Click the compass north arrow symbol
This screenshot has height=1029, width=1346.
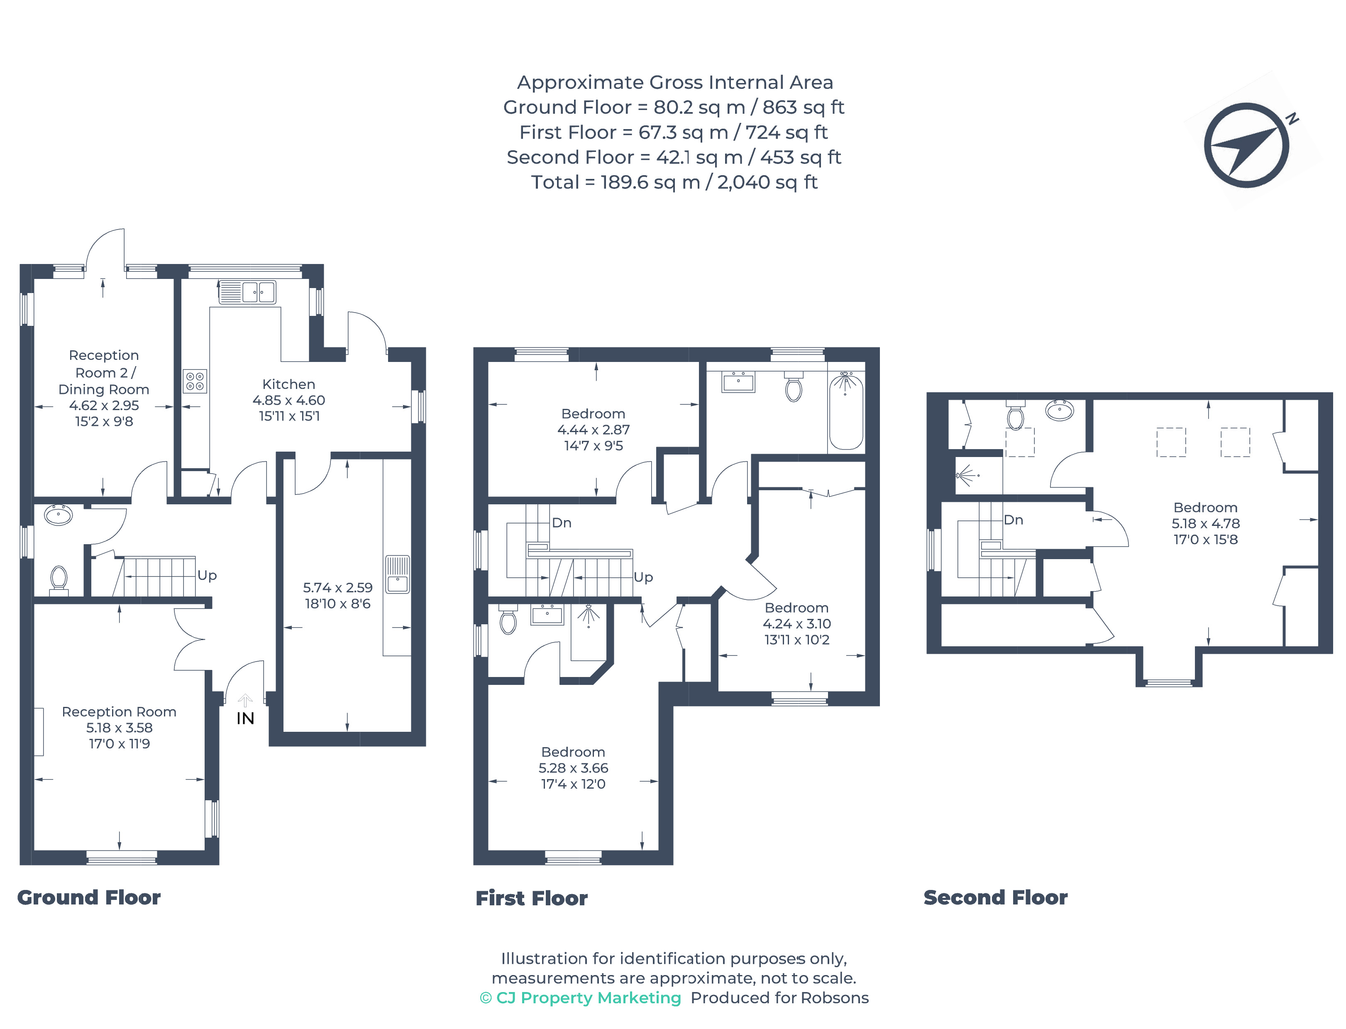click(x=1246, y=145)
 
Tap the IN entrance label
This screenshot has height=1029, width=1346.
click(x=245, y=719)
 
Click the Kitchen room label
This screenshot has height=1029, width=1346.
click(x=288, y=384)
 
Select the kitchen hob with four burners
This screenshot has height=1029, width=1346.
click(x=195, y=381)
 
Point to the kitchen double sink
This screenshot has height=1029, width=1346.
click(x=247, y=292)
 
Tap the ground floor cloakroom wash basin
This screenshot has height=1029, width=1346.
click(x=58, y=515)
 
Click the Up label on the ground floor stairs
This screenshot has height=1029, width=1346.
click(x=207, y=575)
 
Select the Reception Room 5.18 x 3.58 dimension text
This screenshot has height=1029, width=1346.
click(x=120, y=728)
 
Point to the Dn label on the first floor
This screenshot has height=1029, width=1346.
click(x=562, y=523)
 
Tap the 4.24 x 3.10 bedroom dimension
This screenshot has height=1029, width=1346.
click(x=797, y=623)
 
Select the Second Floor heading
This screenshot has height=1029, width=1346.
click(x=995, y=897)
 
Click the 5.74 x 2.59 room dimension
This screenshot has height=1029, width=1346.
click(x=337, y=587)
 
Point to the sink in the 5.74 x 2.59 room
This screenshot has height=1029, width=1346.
click(x=398, y=574)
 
